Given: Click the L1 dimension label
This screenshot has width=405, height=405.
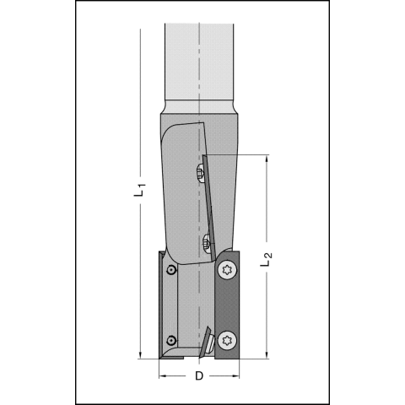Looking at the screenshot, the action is click(x=140, y=190).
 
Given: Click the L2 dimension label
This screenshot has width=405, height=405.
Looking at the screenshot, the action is click(x=266, y=260).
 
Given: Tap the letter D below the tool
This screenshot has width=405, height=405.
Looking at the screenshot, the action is click(x=199, y=375).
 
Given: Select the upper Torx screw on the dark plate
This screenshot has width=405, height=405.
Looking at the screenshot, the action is click(x=227, y=270).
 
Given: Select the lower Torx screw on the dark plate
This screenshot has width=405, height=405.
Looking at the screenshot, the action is click(x=227, y=341).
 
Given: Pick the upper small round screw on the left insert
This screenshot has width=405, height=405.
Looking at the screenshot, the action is click(x=170, y=270).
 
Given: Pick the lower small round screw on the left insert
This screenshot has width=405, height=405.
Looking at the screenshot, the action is click(x=170, y=341).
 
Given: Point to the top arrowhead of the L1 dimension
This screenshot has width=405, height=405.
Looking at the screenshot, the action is click(x=140, y=32).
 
